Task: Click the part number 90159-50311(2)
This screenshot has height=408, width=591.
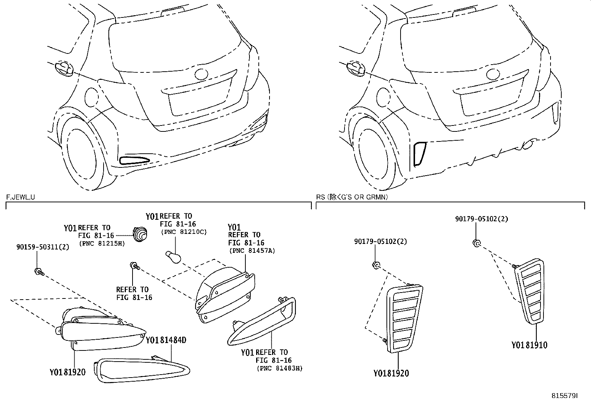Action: [x=43, y=247]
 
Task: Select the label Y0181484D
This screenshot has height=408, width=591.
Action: [x=166, y=340]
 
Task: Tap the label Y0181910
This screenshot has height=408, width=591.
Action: [x=529, y=345]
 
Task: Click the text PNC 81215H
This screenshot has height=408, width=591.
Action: [x=101, y=244]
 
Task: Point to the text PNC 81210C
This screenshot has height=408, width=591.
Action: [x=183, y=232]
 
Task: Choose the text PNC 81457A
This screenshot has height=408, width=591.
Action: [x=252, y=251]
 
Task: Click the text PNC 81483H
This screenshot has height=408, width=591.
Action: [x=279, y=368]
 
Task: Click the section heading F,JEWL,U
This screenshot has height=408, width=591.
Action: [x=21, y=197]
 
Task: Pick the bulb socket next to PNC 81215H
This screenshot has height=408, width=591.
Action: [x=139, y=234]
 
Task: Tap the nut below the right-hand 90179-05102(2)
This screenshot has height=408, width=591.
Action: [x=477, y=244]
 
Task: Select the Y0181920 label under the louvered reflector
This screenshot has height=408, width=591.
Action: [x=391, y=373]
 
